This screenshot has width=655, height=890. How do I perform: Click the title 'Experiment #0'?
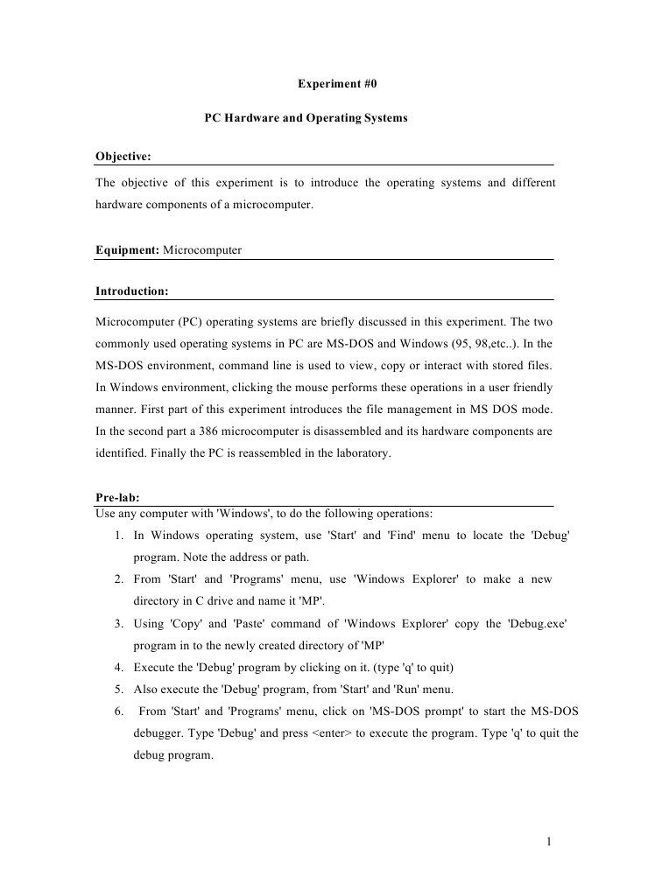336,84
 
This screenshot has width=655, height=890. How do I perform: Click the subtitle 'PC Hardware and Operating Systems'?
306,116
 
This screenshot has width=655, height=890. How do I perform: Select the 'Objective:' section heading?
123,157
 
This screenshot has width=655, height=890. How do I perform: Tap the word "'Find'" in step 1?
402,535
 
